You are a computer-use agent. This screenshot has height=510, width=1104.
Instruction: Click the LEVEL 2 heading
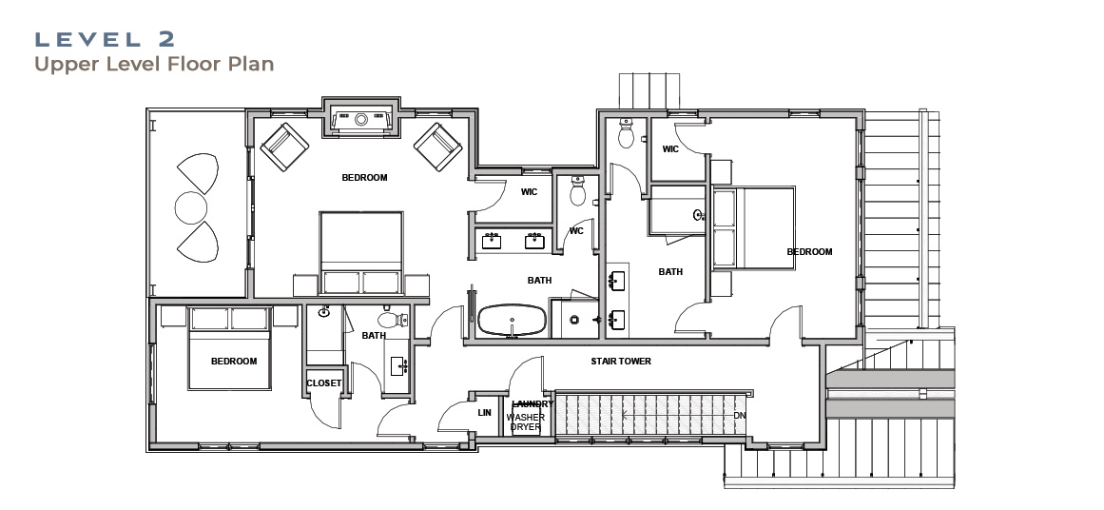tap(105, 39)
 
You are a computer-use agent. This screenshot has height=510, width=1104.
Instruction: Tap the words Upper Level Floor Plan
tap(154, 64)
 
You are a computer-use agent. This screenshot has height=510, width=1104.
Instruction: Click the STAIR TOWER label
tap(620, 362)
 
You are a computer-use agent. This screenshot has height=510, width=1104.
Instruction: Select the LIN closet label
tap(484, 413)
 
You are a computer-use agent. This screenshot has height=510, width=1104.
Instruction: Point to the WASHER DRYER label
tap(525, 422)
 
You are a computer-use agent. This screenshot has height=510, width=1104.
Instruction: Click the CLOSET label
tap(324, 383)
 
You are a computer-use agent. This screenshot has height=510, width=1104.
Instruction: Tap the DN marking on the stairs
tap(739, 416)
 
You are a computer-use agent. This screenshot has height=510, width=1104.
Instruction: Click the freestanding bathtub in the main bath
tap(512, 320)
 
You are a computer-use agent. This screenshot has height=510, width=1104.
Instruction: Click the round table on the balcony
tap(191, 207)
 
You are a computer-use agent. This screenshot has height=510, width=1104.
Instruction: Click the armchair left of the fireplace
tap(284, 147)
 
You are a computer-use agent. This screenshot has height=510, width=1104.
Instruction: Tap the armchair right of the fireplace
tap(438, 147)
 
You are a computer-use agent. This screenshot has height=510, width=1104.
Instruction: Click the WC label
tap(576, 231)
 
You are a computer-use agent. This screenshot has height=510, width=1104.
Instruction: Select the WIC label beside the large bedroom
tap(530, 191)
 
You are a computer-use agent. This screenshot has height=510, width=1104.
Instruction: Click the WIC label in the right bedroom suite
tap(670, 149)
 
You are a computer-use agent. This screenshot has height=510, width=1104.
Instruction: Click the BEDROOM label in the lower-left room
tap(234, 362)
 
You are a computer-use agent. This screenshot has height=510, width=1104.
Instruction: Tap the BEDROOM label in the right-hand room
tap(809, 251)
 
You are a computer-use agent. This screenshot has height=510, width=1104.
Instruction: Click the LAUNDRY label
tap(533, 404)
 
